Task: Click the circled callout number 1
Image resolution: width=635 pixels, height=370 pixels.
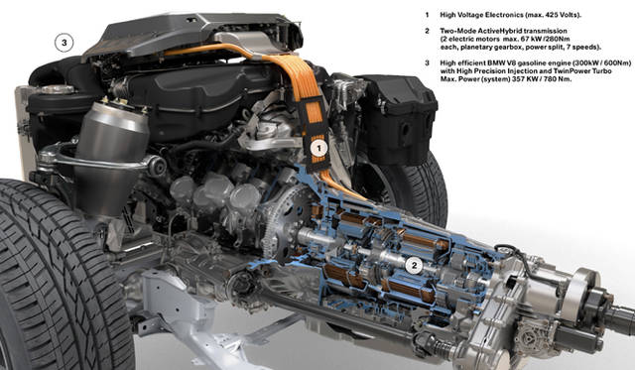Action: (318, 149)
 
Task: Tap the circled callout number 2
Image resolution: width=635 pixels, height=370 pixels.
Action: (414, 266)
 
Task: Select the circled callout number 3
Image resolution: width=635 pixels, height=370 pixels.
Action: (63, 42)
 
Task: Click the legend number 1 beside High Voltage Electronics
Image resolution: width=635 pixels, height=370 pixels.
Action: (427, 15)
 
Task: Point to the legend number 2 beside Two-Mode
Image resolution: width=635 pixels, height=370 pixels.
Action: (427, 31)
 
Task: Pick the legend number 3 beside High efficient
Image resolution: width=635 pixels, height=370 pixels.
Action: (427, 62)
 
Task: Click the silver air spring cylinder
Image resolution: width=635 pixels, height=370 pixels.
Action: (111, 156)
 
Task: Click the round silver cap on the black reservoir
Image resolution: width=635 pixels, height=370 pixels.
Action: (57, 89)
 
